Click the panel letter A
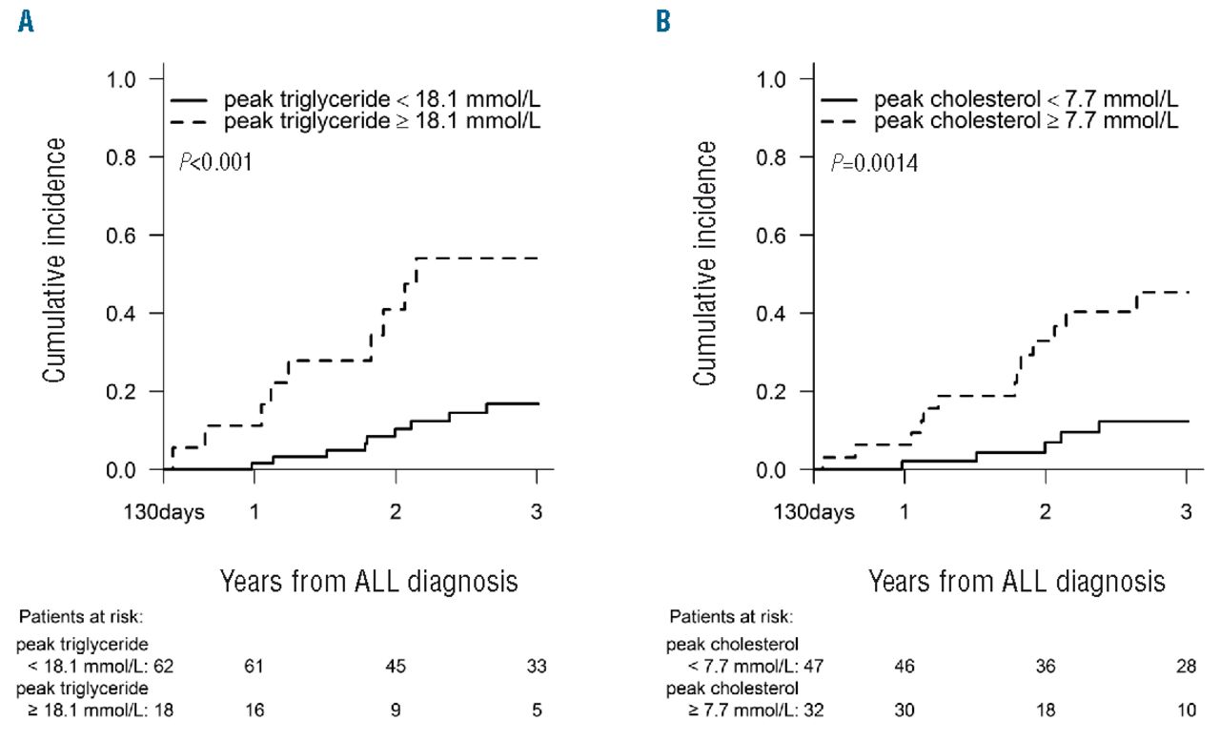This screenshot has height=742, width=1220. (26, 21)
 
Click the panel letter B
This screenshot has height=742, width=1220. (661, 21)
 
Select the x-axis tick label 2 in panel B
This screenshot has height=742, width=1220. (1045, 511)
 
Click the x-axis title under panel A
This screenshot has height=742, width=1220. (369, 579)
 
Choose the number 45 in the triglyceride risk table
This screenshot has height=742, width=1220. (395, 667)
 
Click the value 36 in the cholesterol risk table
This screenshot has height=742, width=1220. (1045, 667)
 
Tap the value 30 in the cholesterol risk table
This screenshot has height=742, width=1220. (904, 710)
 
